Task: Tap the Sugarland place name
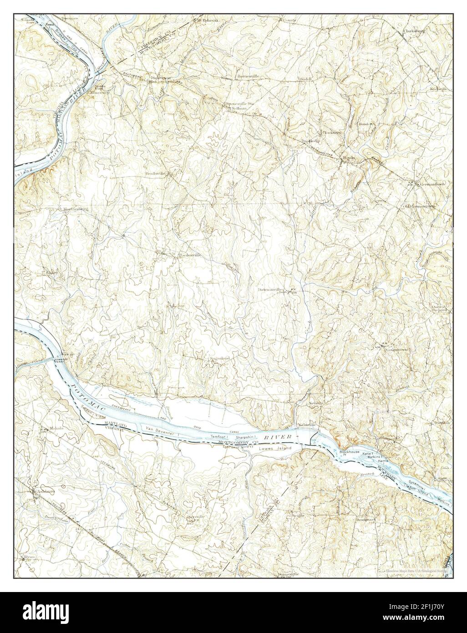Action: (x=218, y=359)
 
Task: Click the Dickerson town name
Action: (x=161, y=78)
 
